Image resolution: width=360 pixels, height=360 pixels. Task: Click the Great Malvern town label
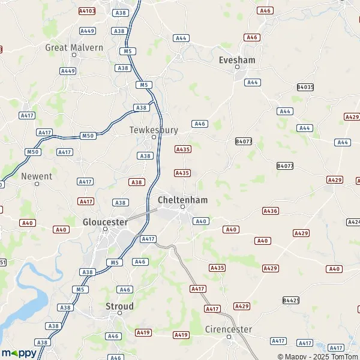(x=74, y=47)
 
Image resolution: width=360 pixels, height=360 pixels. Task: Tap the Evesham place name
(x=238, y=61)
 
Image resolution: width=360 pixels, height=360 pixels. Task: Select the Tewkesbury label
(x=154, y=129)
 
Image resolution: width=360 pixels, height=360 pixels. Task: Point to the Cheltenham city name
(x=182, y=199)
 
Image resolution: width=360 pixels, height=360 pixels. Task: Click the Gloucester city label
(x=105, y=221)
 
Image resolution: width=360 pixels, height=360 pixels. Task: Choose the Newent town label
(x=37, y=176)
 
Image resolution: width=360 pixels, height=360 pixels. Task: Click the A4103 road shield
(x=87, y=11)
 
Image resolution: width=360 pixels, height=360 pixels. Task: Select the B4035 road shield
(x=305, y=87)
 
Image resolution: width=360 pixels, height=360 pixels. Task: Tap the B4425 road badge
(x=291, y=299)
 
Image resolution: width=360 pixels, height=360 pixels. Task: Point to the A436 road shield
(x=271, y=211)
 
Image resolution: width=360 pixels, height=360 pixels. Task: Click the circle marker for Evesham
(x=238, y=68)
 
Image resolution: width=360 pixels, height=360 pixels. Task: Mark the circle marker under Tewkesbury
(x=154, y=137)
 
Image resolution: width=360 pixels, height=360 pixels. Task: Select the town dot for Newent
(x=37, y=184)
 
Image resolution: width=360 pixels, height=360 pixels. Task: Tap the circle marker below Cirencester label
(x=230, y=337)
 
